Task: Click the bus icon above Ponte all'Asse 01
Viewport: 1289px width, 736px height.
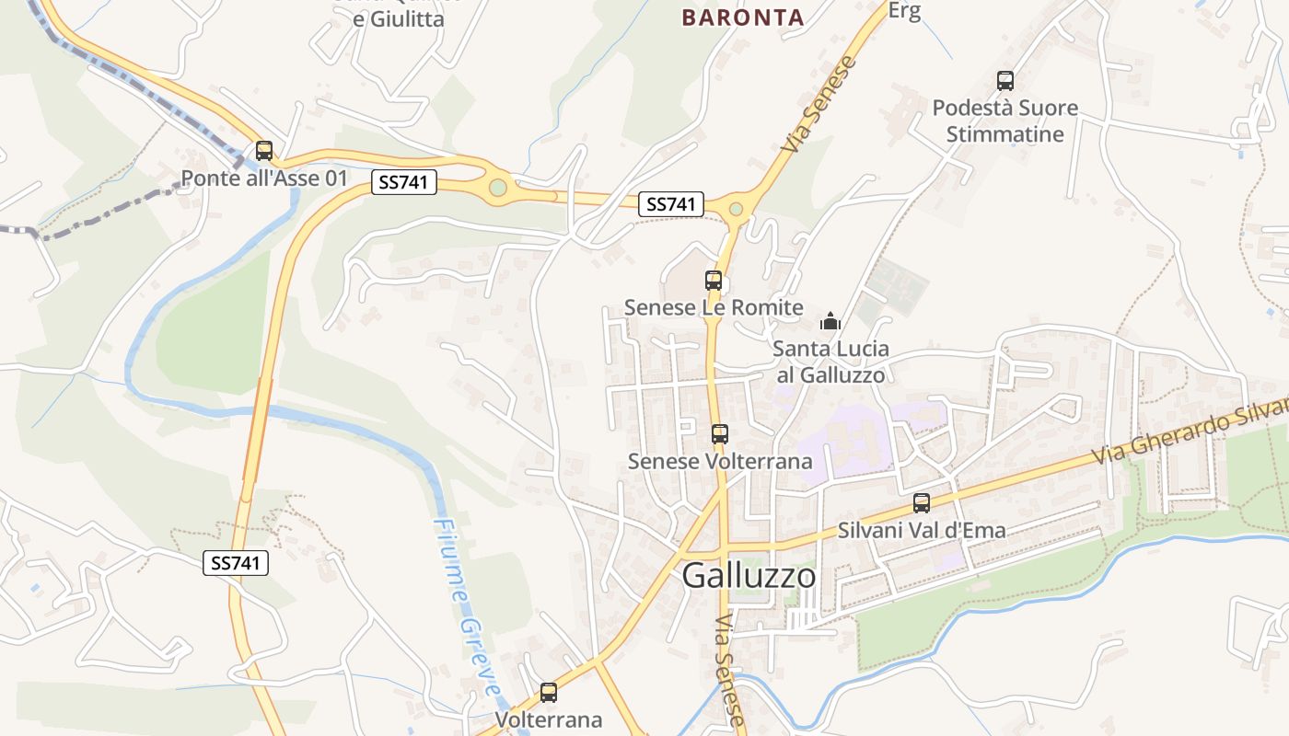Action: tap(264, 151)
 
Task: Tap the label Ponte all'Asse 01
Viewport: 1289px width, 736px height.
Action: tap(264, 178)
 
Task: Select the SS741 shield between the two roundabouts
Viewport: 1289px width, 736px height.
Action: tap(671, 204)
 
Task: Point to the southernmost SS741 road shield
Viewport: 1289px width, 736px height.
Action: tap(236, 563)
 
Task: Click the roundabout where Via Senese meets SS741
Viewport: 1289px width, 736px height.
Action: tap(736, 209)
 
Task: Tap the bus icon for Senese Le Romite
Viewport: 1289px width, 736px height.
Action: tap(714, 281)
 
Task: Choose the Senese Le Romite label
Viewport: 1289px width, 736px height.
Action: tap(714, 307)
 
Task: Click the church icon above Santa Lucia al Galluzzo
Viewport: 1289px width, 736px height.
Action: tap(830, 322)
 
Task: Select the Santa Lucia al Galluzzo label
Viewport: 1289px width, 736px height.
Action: tap(830, 362)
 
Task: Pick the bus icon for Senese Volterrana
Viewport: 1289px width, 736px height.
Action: tap(720, 434)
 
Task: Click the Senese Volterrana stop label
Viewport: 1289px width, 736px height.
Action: tap(720, 461)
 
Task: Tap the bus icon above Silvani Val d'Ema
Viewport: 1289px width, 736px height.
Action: tap(922, 503)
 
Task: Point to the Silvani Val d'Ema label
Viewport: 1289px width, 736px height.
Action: tap(922, 530)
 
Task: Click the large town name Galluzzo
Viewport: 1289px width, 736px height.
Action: tap(749, 576)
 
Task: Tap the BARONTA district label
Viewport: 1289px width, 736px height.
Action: tap(743, 17)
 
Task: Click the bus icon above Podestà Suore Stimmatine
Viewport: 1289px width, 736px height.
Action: tap(1005, 81)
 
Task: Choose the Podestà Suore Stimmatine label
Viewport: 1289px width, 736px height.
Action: tap(1005, 121)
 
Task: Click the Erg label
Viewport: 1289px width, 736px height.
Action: tap(905, 11)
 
